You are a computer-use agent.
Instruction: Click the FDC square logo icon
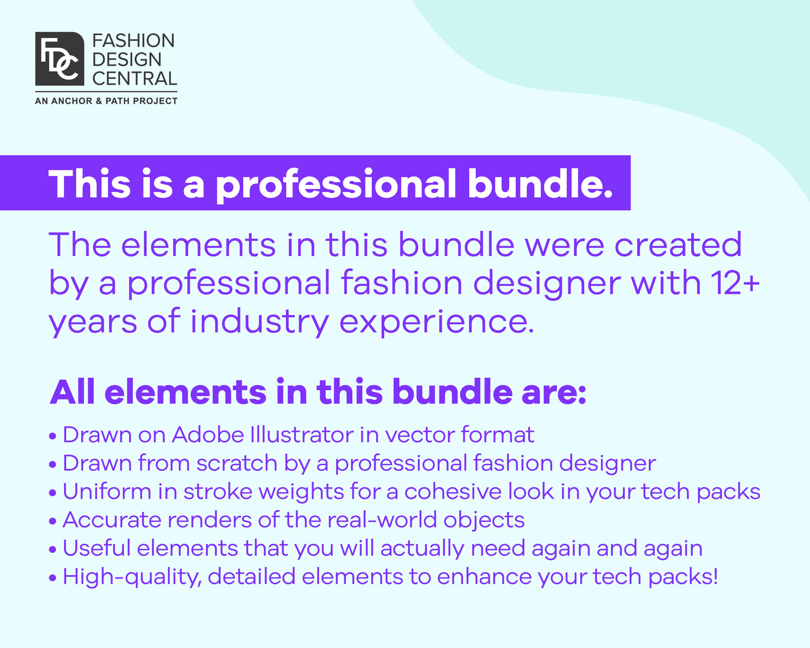(x=59, y=58)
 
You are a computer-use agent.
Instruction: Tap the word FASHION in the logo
(x=133, y=41)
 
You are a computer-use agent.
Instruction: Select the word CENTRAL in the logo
(x=135, y=78)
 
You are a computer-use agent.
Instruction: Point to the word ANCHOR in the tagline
(x=72, y=101)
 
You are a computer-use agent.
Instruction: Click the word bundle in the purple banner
(x=540, y=184)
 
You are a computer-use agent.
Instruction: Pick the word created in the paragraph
(x=678, y=245)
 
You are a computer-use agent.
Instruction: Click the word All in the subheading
(x=72, y=392)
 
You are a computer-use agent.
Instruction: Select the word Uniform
(x=107, y=492)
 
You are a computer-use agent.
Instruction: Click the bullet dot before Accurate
(x=53, y=521)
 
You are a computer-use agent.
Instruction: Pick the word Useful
(x=96, y=548)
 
